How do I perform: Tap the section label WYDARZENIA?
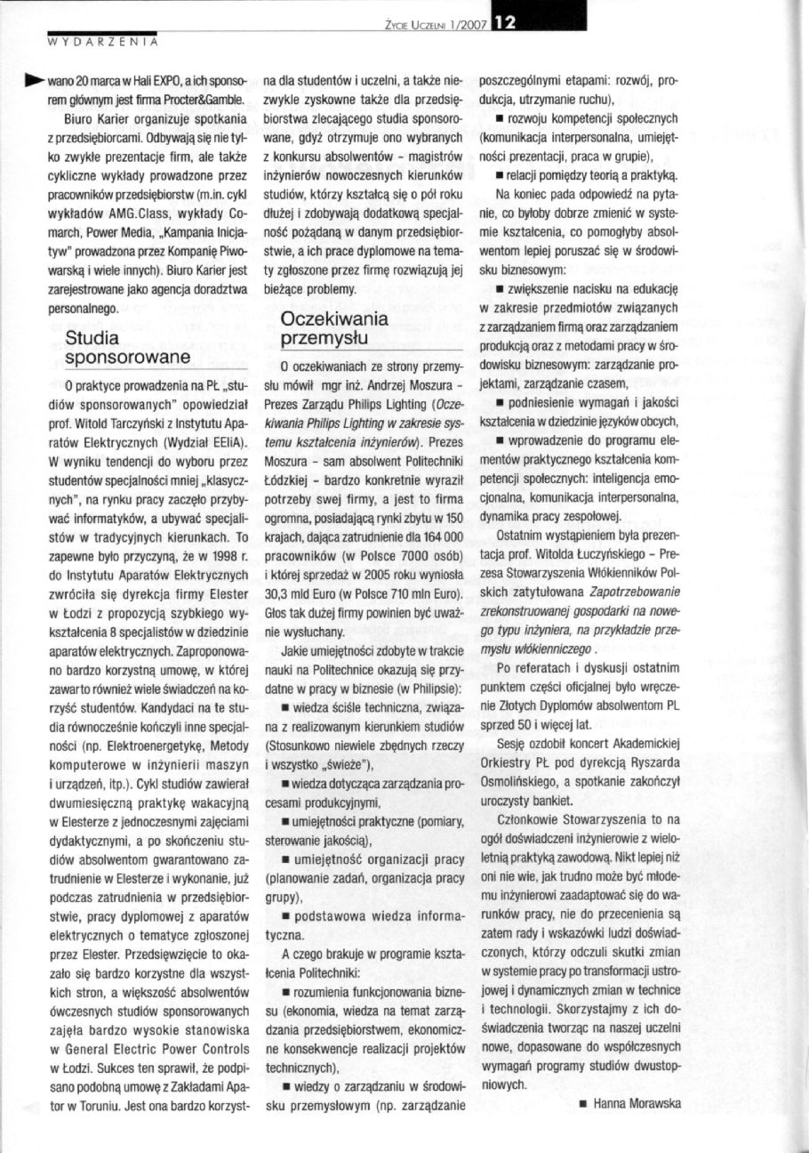click(x=103, y=41)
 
